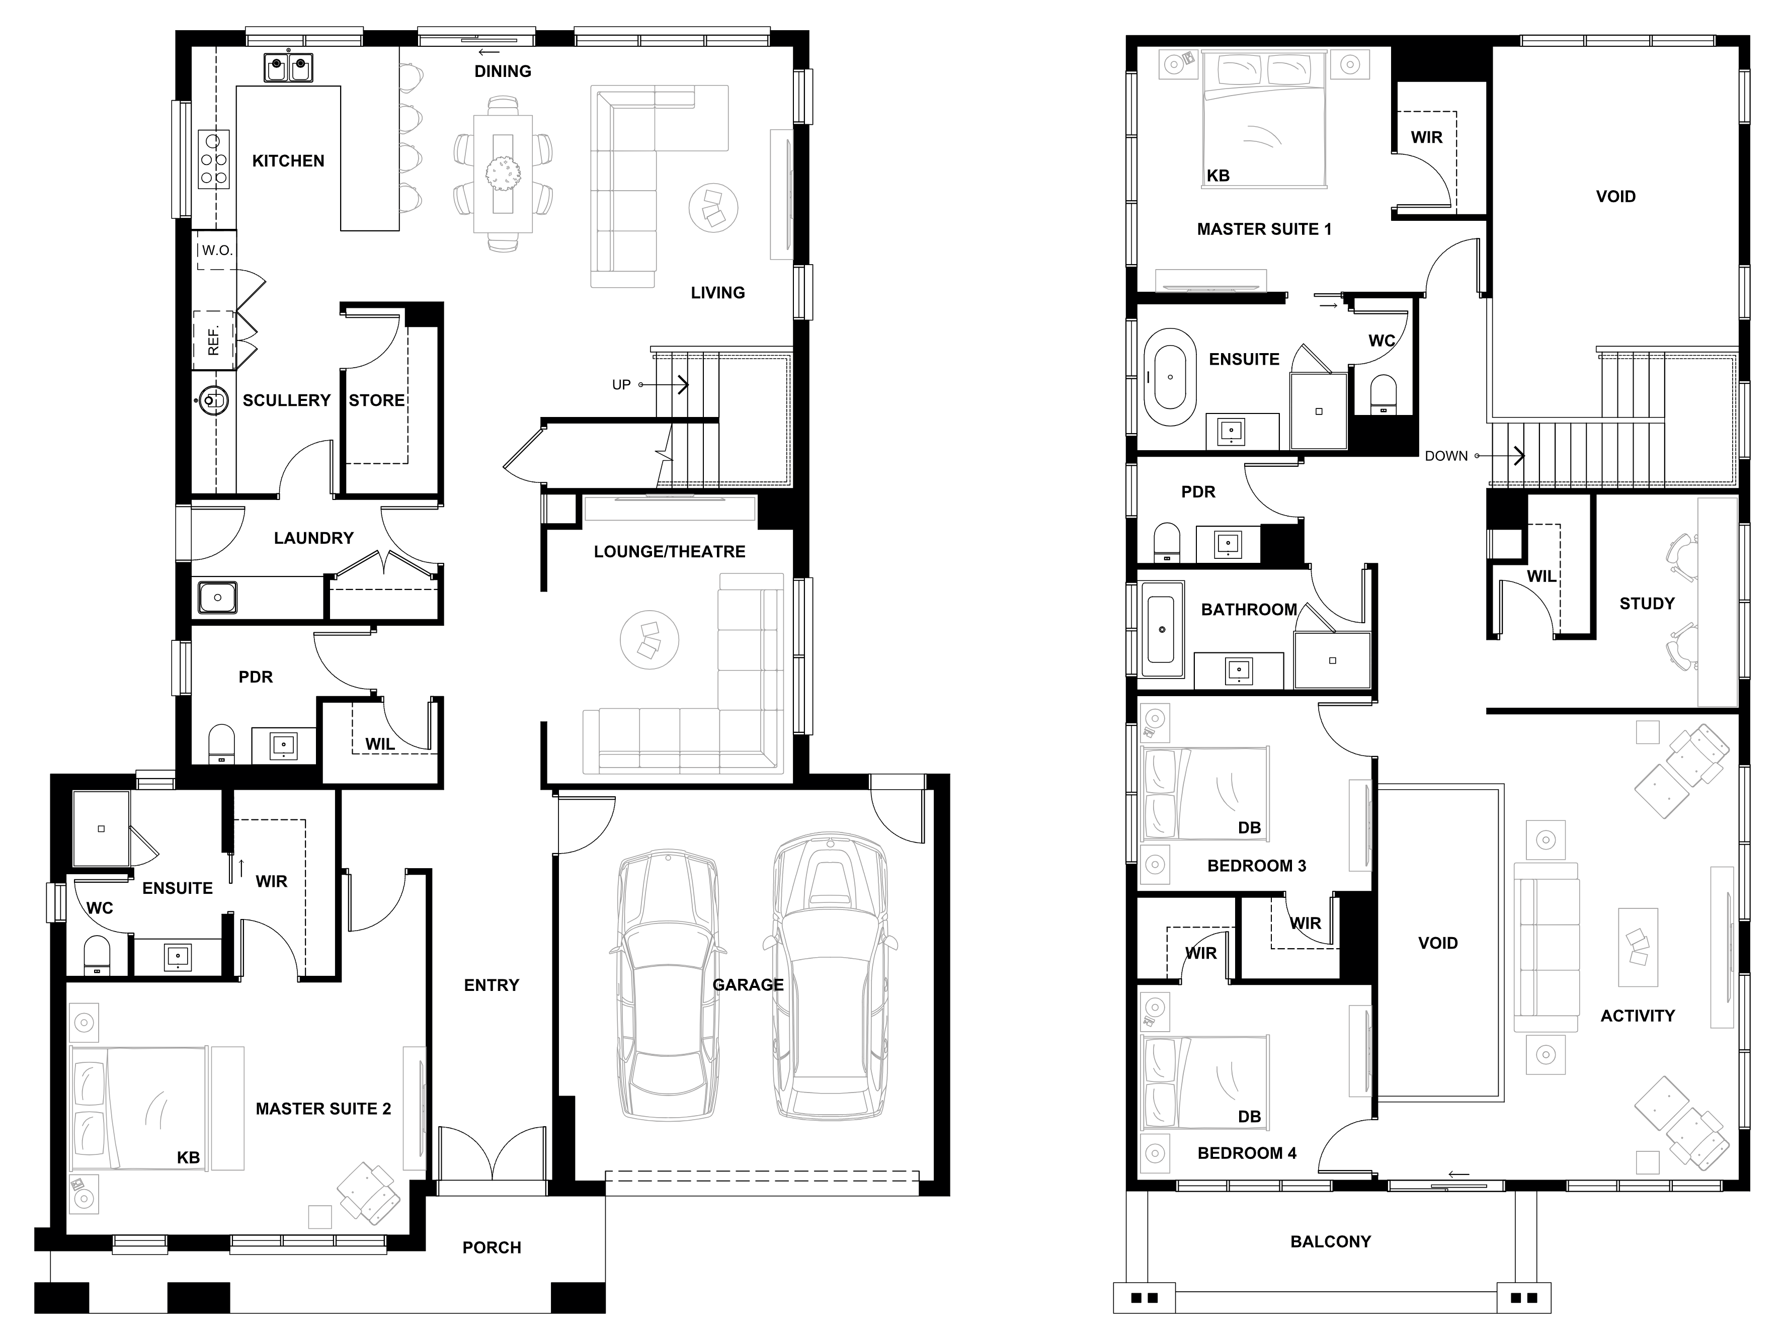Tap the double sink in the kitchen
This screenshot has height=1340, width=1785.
point(289,68)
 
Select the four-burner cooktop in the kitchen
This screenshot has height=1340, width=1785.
point(214,160)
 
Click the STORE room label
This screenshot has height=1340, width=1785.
point(376,400)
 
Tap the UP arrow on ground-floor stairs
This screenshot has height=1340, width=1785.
point(664,385)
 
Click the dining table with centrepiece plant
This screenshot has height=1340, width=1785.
point(503,174)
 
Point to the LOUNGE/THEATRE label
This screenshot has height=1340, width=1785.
point(669,552)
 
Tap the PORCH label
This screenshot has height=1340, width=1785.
point(492,1247)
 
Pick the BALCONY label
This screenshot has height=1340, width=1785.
point(1331,1241)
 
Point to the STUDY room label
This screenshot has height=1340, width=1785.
point(1647,604)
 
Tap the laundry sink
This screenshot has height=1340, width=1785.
point(217,598)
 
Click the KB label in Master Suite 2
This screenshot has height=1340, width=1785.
point(188,1158)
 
